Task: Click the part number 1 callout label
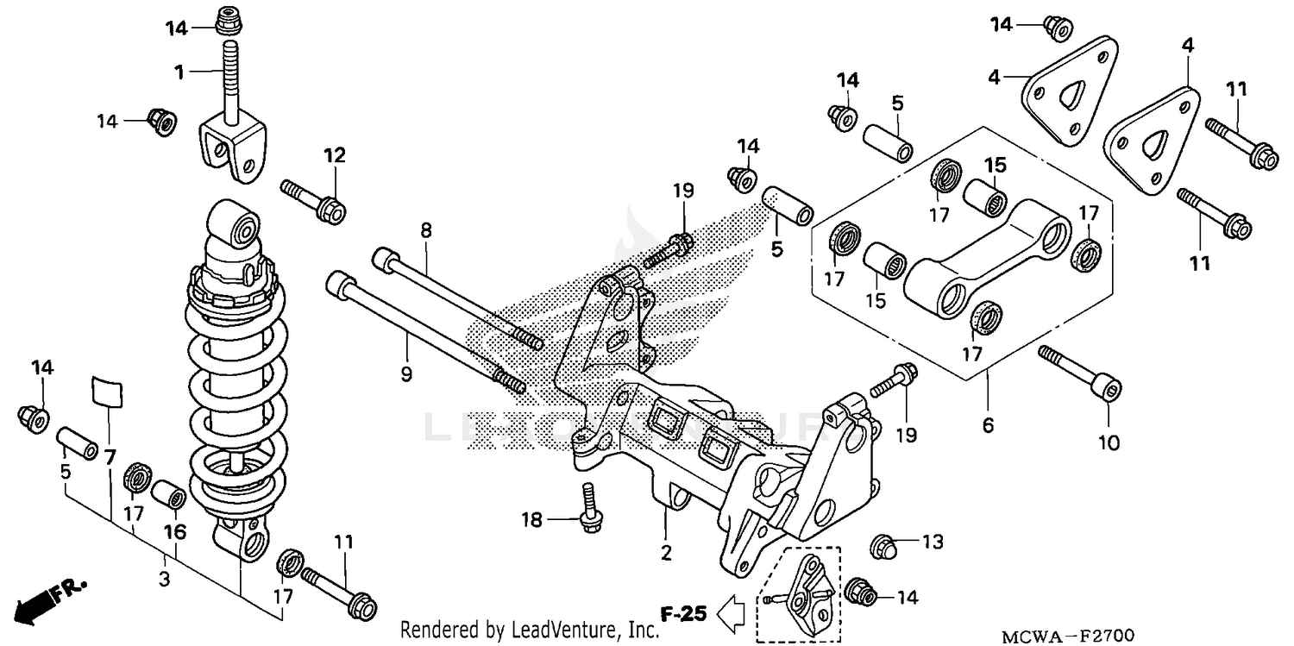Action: (x=179, y=73)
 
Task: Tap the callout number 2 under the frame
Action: (x=666, y=553)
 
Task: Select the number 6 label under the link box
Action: (x=989, y=425)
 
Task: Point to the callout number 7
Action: (x=110, y=458)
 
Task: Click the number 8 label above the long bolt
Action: (x=425, y=230)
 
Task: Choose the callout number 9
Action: (x=406, y=374)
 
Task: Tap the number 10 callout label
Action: (x=1109, y=442)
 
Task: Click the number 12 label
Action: (x=335, y=155)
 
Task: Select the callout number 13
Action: (x=933, y=543)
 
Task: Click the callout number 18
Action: (x=531, y=519)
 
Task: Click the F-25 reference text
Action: (x=684, y=615)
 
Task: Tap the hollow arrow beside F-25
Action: (x=732, y=614)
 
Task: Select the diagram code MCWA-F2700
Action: (x=1068, y=637)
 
